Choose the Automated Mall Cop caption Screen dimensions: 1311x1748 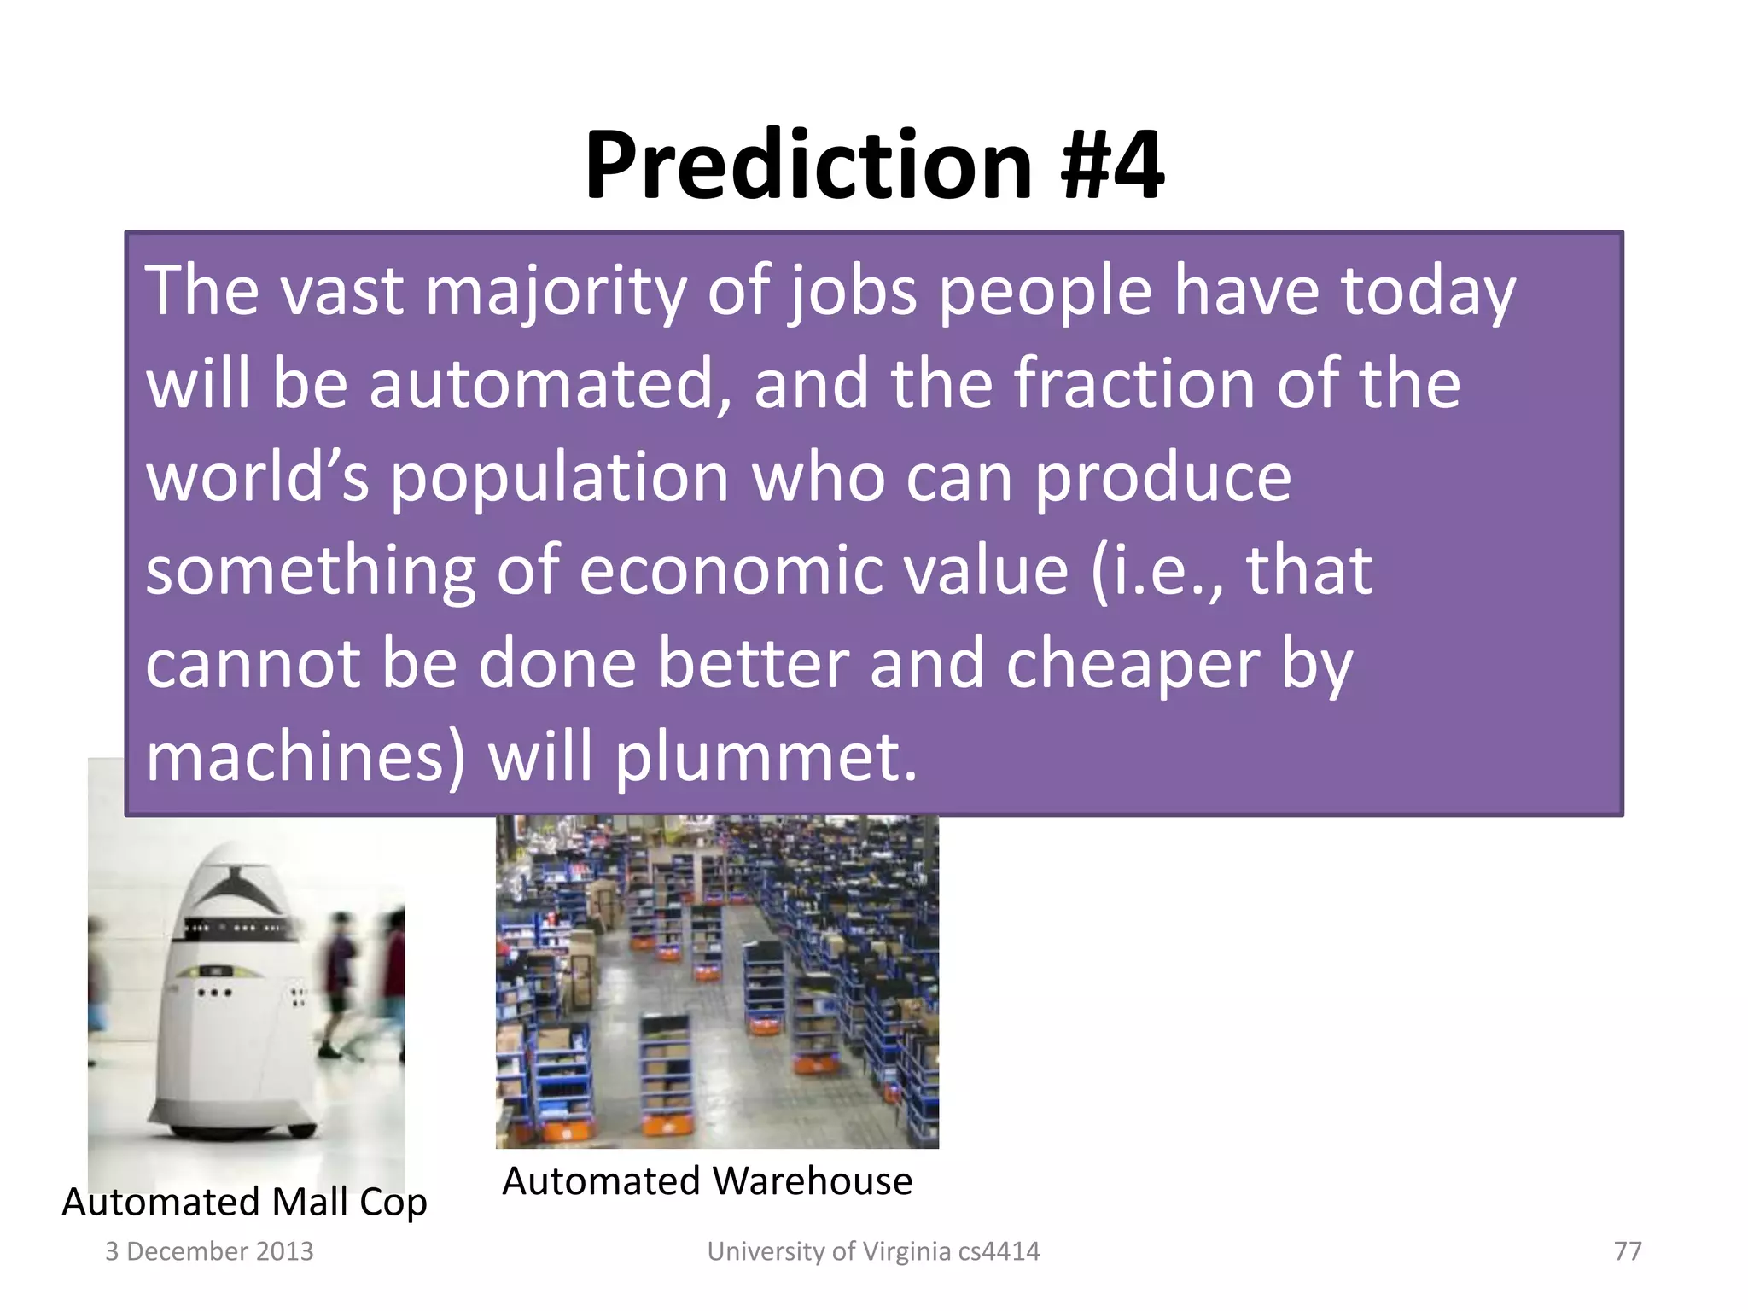[x=244, y=1202]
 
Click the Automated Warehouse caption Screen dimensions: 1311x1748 [x=707, y=1181]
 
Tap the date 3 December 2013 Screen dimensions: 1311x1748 [x=209, y=1251]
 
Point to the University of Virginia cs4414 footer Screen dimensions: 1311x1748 [x=873, y=1251]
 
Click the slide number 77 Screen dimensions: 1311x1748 [x=1628, y=1251]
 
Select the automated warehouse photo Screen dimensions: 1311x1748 [x=717, y=982]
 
